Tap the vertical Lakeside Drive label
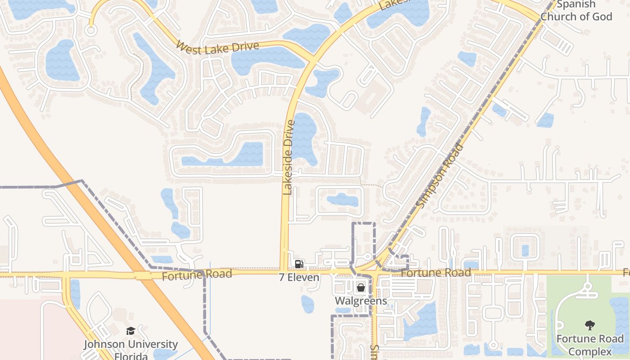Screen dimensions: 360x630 click(x=288, y=157)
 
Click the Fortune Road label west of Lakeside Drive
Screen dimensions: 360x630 click(x=197, y=274)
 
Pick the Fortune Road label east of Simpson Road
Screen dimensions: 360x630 click(x=436, y=273)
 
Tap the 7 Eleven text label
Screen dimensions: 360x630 click(x=299, y=277)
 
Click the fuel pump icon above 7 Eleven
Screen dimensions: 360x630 click(x=299, y=264)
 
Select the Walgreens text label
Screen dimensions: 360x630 click(x=361, y=301)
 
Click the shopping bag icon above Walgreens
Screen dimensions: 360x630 click(x=361, y=287)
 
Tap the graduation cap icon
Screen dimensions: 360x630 click(x=130, y=331)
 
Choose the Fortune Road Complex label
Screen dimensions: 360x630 click(x=590, y=345)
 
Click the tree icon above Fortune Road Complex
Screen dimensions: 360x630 click(x=589, y=325)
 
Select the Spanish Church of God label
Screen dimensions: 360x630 click(x=576, y=11)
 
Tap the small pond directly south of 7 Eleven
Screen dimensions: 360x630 click(x=308, y=304)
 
